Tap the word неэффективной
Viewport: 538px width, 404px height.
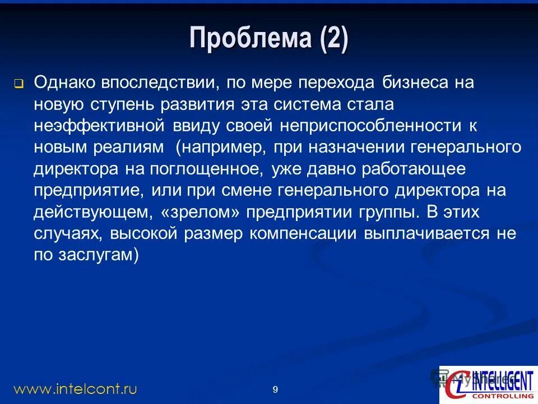coord(99,126)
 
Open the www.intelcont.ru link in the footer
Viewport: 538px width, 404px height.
coord(75,388)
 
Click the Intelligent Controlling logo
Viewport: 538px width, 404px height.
coord(487,384)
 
